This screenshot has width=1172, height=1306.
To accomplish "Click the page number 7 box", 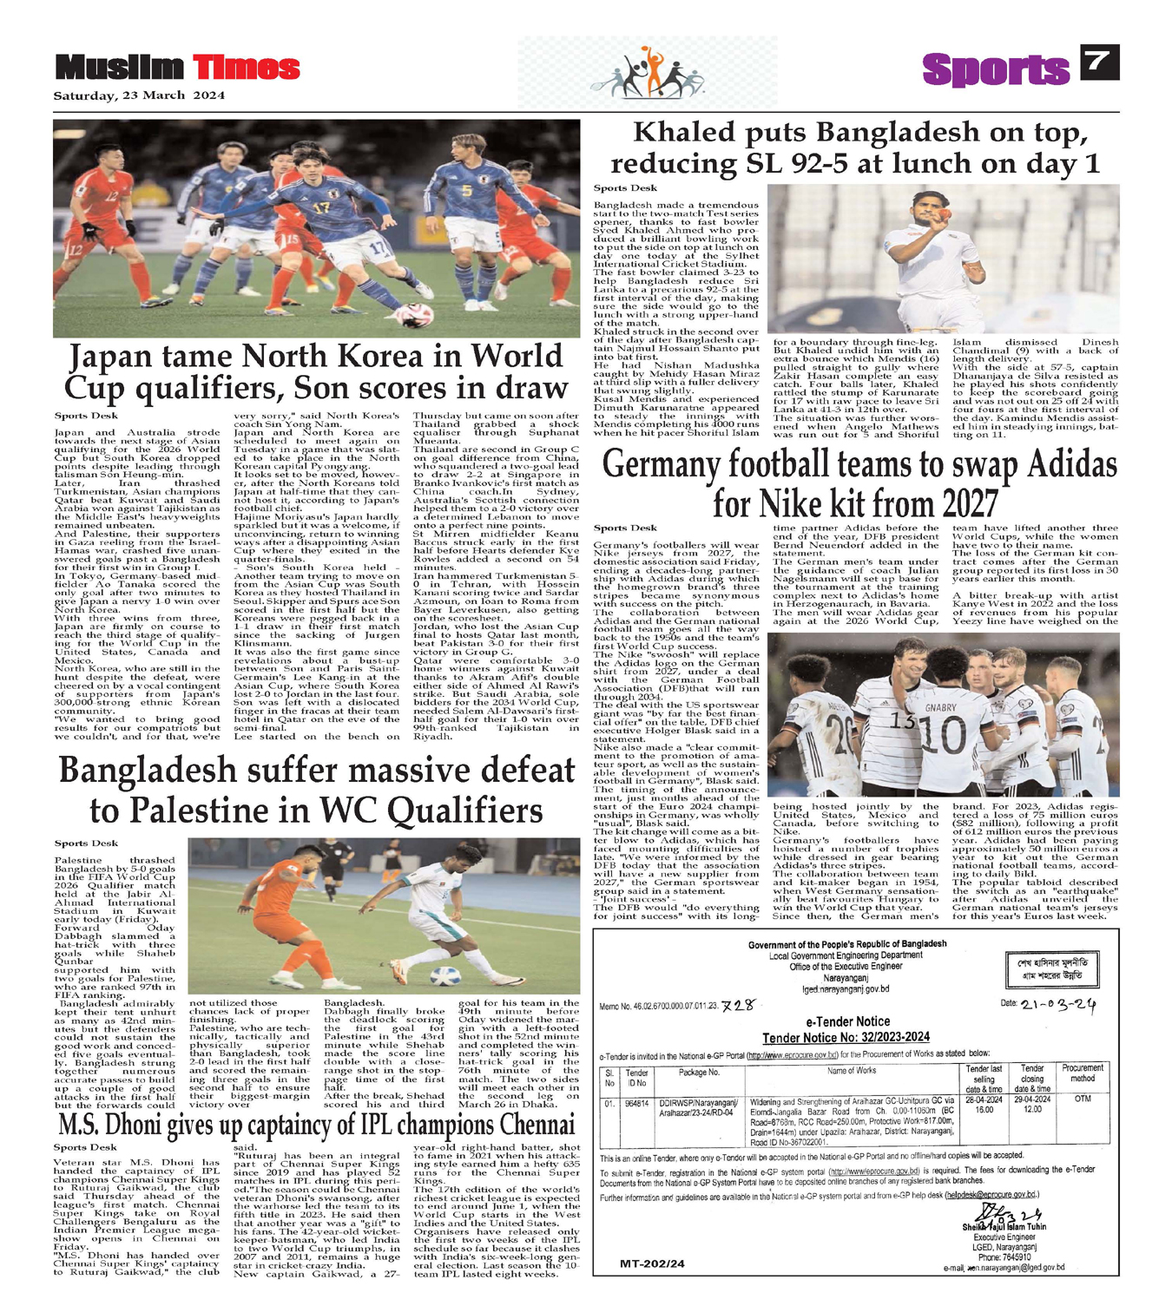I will pos(1098,62).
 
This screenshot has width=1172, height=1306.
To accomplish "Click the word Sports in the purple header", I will pos(995,69).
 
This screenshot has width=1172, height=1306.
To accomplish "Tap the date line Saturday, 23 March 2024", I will pos(139,95).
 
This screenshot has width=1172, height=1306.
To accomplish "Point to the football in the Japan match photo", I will pos(414,314).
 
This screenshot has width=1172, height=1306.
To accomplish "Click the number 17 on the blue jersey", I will pos(322,208).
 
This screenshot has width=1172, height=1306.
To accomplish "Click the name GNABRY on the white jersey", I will pos(940,708).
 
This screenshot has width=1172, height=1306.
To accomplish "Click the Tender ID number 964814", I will pos(637,1104).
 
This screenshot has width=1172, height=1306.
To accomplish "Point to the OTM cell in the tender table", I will pos(1082,1099).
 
